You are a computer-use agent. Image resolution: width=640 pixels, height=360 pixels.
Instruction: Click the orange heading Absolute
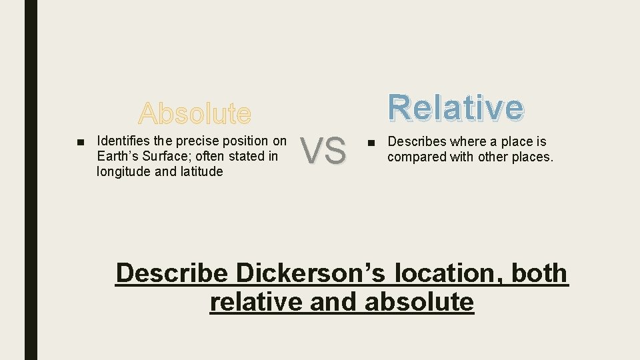195,113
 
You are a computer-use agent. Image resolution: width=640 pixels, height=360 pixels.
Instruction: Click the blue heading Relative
457,107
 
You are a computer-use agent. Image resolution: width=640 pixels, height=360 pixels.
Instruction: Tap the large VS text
323,150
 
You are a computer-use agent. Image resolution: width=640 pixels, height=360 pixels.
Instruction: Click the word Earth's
117,156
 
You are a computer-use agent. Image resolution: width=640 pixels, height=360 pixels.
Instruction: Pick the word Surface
165,156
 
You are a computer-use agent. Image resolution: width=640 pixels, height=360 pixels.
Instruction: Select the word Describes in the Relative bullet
418,141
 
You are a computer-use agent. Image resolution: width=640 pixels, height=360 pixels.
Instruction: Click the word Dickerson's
308,273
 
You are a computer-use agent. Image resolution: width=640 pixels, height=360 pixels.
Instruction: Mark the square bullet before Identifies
80,141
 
